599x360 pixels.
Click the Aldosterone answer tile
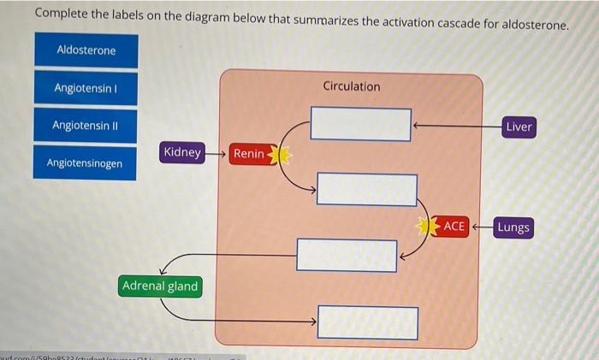pos(86,50)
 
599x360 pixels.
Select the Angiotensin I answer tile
pos(86,88)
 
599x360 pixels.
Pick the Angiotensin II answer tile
pos(86,126)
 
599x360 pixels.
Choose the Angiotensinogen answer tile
pos(85,162)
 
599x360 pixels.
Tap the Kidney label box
pos(182,153)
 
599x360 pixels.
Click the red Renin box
pos(249,154)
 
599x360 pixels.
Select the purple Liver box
pos(519,127)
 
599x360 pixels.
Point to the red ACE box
pos(454,227)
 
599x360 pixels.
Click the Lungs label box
pos(513,227)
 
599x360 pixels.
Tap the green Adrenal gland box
pos(160,286)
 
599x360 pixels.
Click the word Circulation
pos(352,86)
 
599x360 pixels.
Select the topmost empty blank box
pos(360,124)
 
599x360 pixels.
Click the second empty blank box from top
pos(367,189)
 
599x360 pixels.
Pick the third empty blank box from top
pos(347,255)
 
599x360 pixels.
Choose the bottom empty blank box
pos(368,322)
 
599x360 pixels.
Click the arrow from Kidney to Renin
pos(217,154)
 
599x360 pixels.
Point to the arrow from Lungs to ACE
pos(482,227)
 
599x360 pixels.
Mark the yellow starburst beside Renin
pos(280,155)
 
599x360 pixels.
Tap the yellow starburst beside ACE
pos(428,227)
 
